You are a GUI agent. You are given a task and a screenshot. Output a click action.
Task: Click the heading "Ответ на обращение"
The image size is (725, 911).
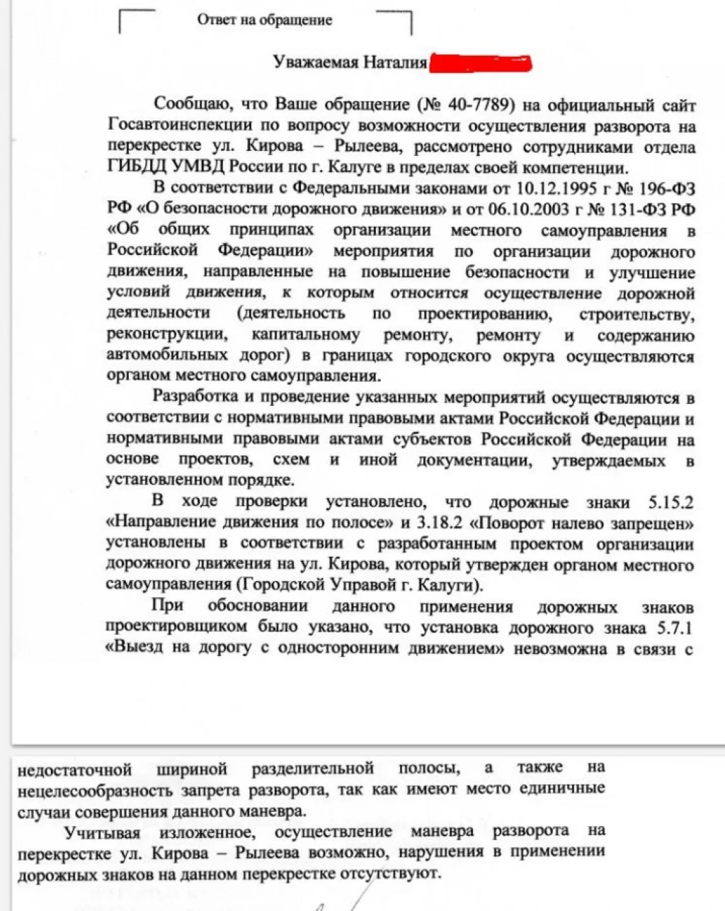pos(264,20)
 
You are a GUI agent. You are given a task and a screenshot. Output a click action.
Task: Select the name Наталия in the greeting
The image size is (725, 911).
pos(395,63)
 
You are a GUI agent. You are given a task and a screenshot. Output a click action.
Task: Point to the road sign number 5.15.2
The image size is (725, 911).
pos(670,502)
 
